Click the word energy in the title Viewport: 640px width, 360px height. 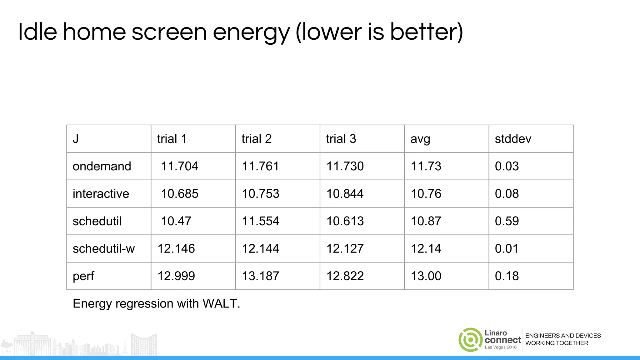pyautogui.click(x=251, y=32)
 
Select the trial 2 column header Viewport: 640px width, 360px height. pyautogui.click(x=257, y=139)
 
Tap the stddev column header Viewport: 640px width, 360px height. pyautogui.click(x=513, y=139)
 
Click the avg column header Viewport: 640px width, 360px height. pyautogui.click(x=420, y=139)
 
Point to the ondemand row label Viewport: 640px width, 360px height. pyautogui.click(x=102, y=166)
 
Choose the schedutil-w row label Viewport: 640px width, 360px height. pyautogui.click(x=104, y=249)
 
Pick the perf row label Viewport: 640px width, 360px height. pyautogui.click(x=83, y=276)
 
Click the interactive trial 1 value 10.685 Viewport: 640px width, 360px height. pyautogui.click(x=179, y=194)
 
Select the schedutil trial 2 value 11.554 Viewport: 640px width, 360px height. pyautogui.click(x=260, y=221)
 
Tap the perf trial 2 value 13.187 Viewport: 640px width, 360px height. pyautogui.click(x=260, y=276)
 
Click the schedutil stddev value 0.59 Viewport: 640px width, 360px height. pyautogui.click(x=507, y=221)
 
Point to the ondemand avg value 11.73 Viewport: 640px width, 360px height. pyautogui.click(x=426, y=166)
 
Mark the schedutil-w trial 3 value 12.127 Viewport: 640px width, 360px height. pyautogui.click(x=345, y=249)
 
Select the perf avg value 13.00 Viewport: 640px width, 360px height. pyautogui.click(x=426, y=276)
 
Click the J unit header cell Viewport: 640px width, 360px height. pyautogui.click(x=76, y=139)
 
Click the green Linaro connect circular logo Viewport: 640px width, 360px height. pyautogui.click(x=470, y=340)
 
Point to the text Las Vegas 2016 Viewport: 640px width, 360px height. pyautogui.click(x=501, y=347)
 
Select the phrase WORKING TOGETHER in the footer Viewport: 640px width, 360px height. pyautogui.click(x=557, y=343)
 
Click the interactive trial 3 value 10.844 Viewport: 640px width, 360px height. pyautogui.click(x=345, y=194)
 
